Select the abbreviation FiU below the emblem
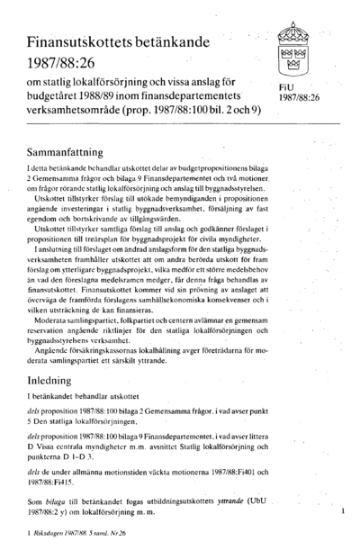tap(287, 87)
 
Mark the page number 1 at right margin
tap(343, 510)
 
